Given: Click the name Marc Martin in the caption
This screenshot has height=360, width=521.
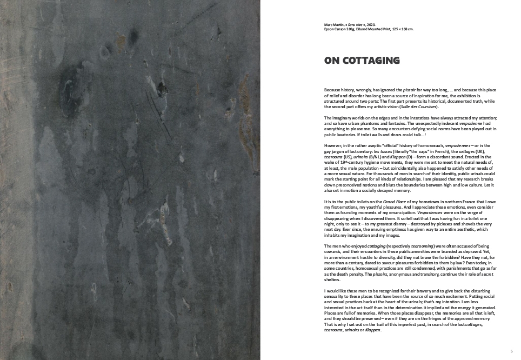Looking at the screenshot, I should (332, 24).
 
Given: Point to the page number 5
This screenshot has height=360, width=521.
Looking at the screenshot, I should (511, 351).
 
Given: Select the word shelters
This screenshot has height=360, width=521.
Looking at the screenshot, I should (332, 279).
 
